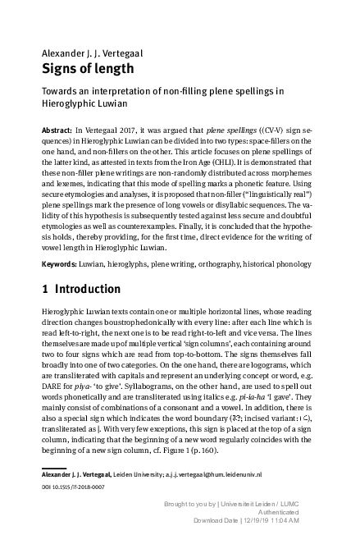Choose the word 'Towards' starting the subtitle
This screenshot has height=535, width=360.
62,93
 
